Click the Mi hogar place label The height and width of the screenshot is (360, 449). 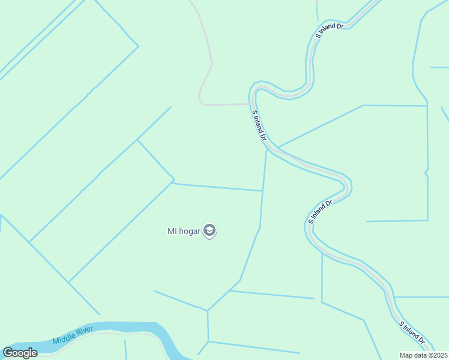click(x=184, y=230)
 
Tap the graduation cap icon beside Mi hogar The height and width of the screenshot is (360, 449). click(x=209, y=230)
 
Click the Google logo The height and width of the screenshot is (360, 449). click(x=20, y=353)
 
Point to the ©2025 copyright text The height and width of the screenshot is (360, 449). click(x=435, y=355)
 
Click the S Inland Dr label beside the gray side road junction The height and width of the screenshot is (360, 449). click(x=259, y=125)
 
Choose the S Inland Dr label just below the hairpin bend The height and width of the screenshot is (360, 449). click(x=321, y=212)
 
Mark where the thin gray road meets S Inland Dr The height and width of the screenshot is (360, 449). click(x=252, y=104)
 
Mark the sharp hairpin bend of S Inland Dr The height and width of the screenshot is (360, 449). click(x=347, y=183)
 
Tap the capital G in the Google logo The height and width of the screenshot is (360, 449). click(x=8, y=353)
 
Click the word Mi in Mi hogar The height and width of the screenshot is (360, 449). click(x=171, y=230)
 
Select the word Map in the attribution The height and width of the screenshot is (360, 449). click(x=406, y=355)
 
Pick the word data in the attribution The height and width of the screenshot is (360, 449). click(x=420, y=355)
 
